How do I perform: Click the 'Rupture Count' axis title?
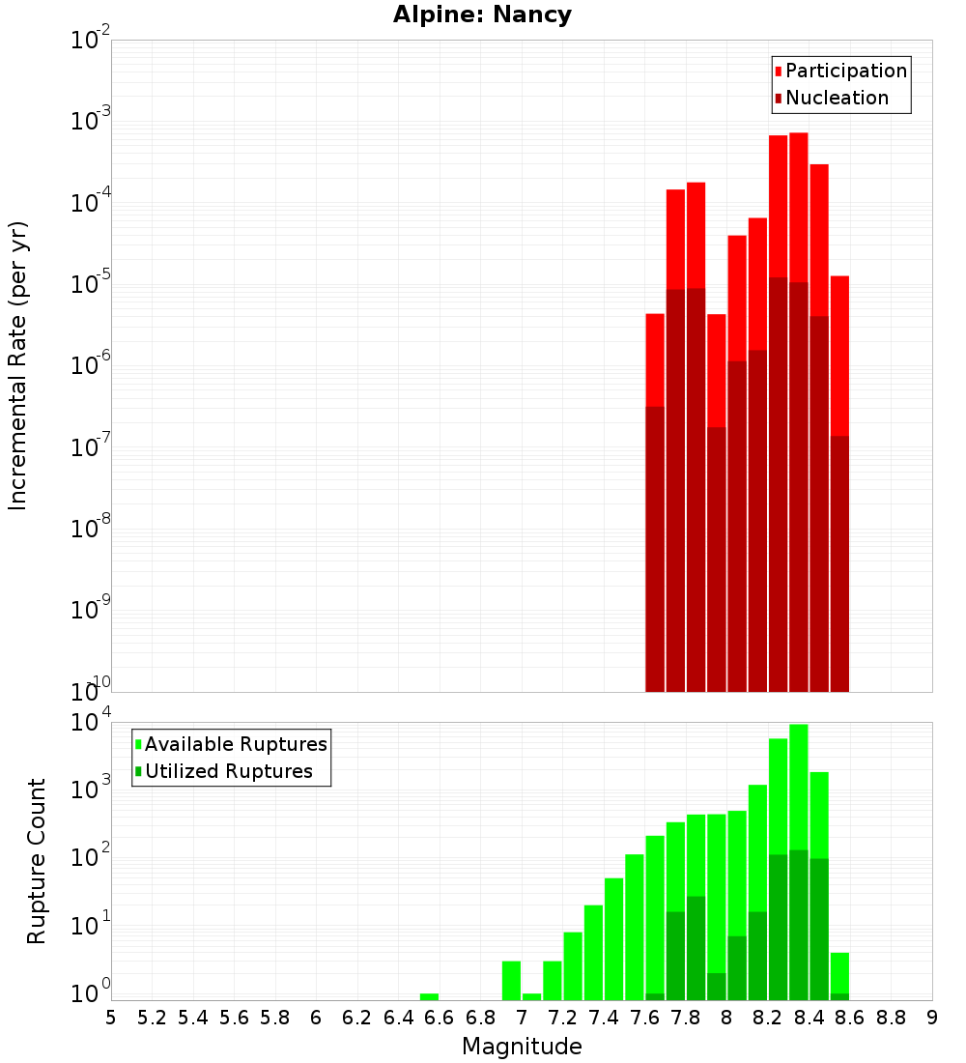[37, 860]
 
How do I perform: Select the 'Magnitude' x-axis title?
[522, 1047]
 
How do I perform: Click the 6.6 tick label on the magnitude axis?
[439, 1018]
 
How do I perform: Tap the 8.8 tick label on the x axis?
[891, 1018]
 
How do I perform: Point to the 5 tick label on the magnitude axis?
[111, 1018]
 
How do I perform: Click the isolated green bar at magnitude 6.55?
[429, 996]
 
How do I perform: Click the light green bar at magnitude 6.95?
[511, 980]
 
